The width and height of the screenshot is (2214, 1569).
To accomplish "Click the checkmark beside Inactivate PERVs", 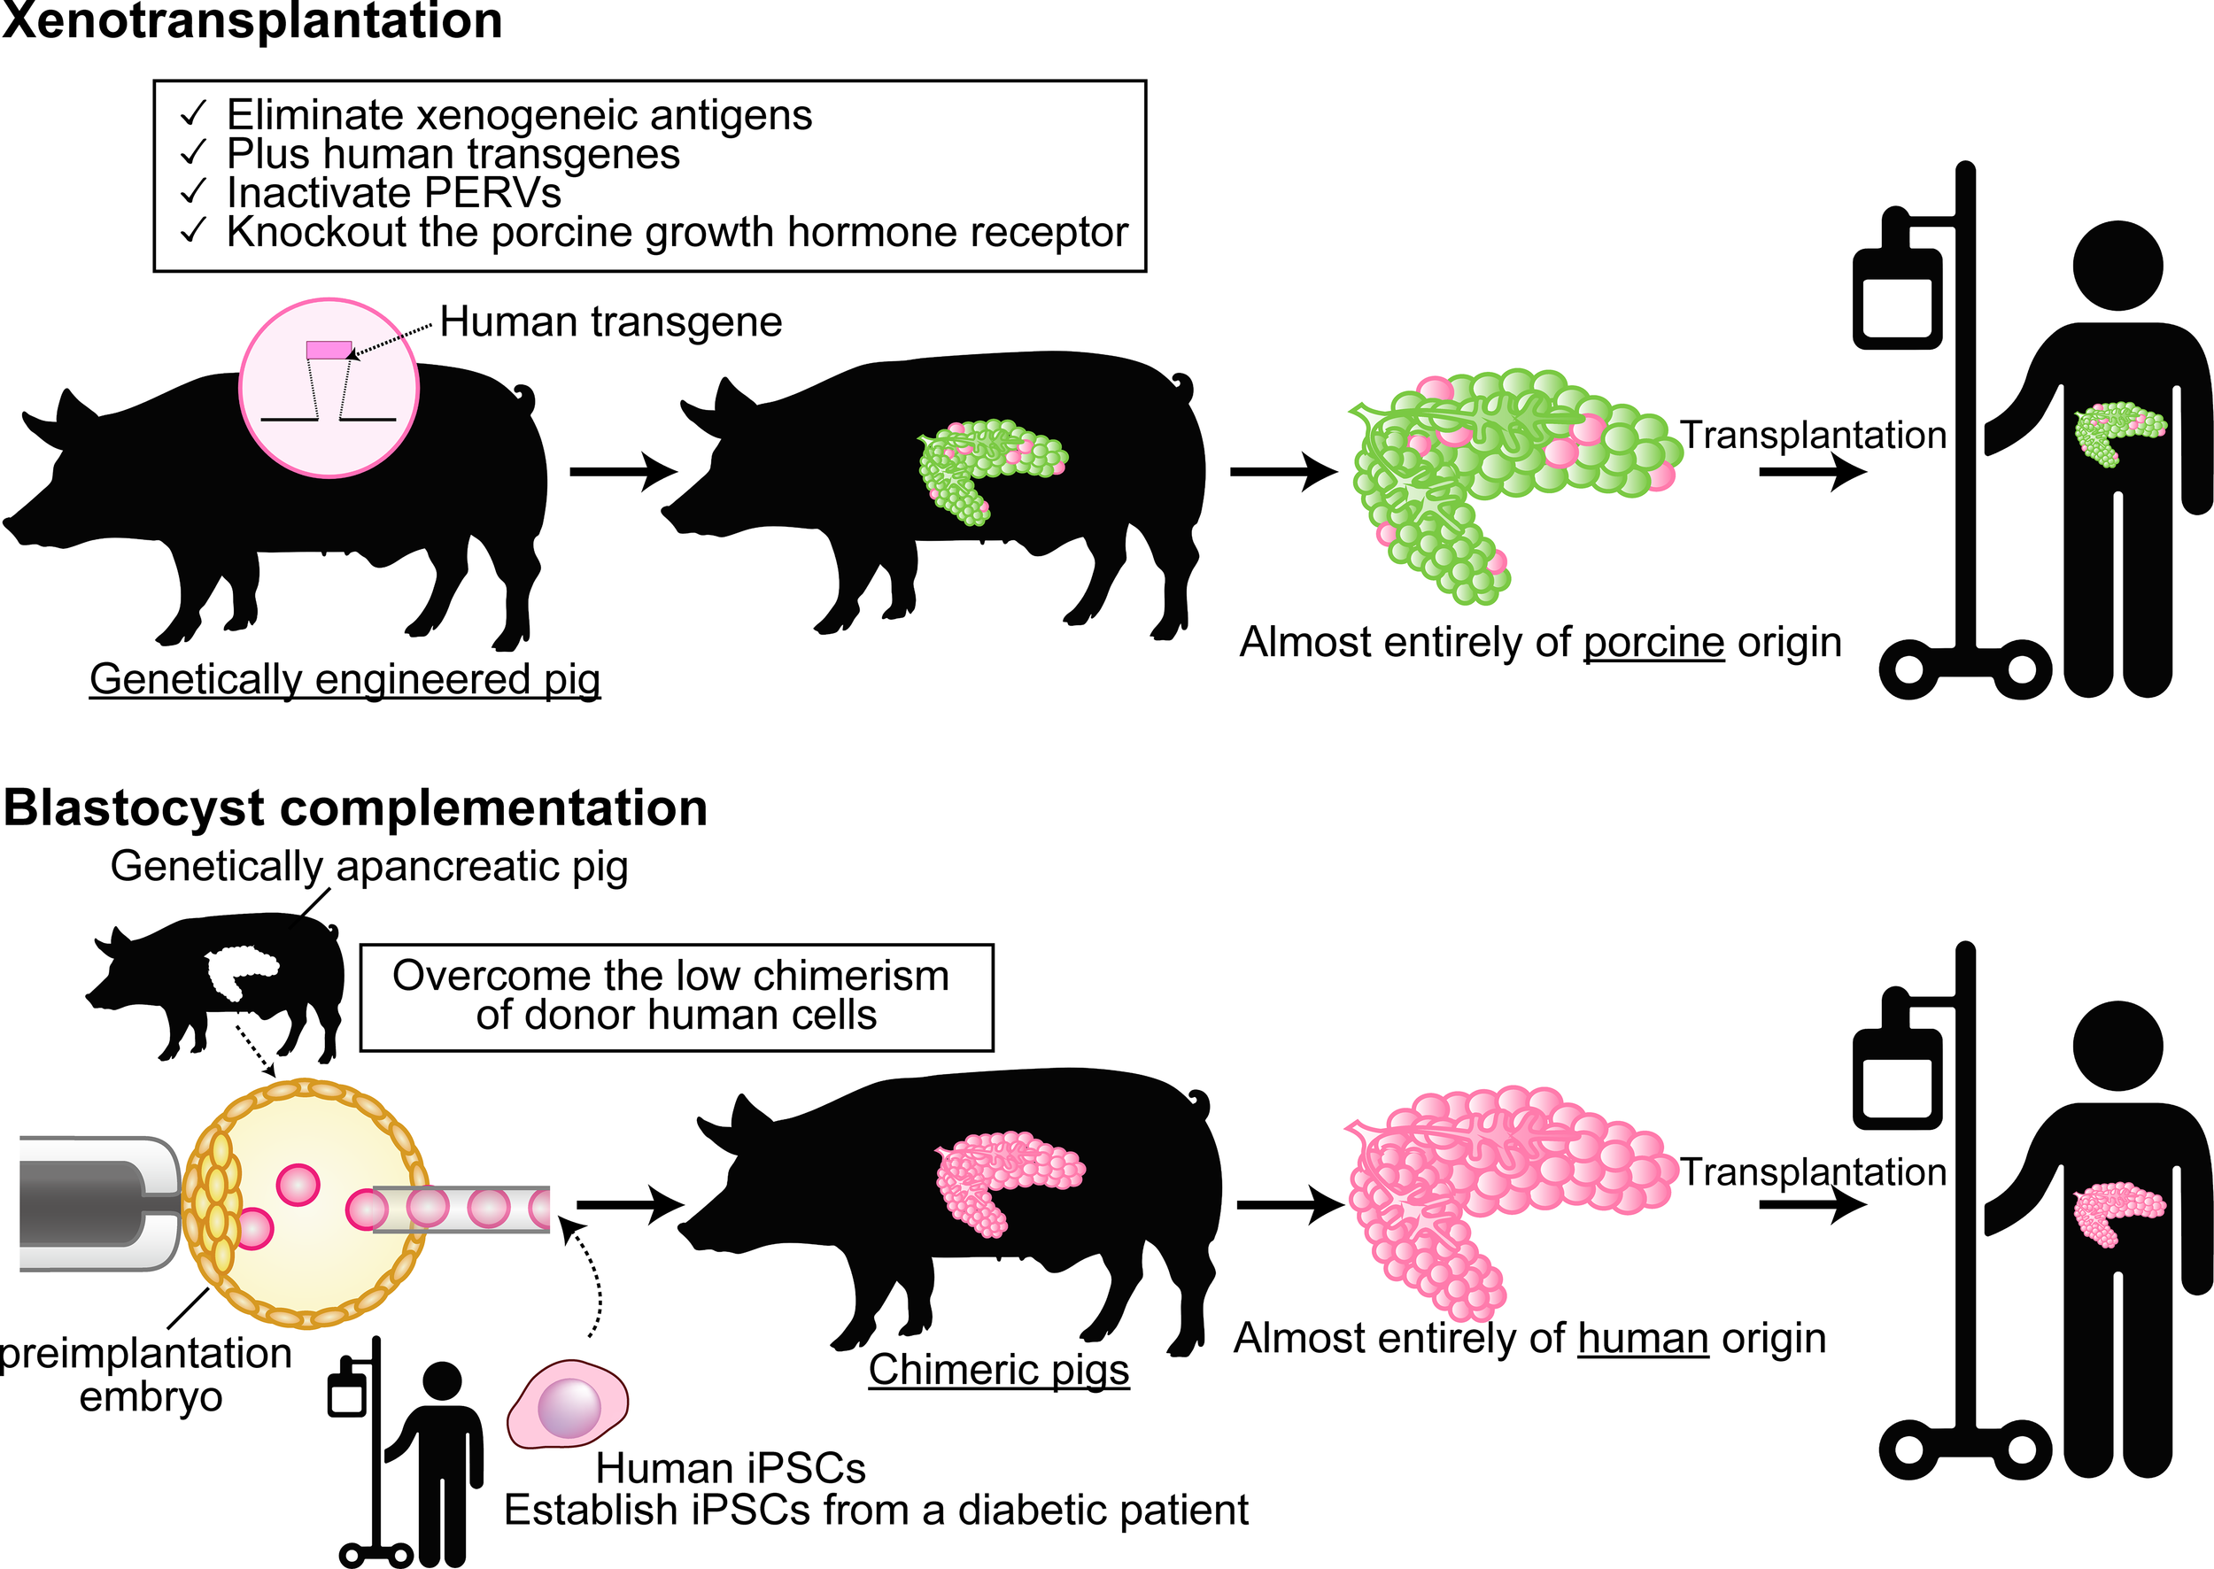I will [x=193, y=191].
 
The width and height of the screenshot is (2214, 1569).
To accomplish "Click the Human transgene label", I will [x=610, y=321].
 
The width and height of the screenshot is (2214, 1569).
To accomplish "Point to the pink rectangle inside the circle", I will [x=329, y=350].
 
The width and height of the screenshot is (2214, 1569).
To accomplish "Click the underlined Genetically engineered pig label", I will [x=345, y=679].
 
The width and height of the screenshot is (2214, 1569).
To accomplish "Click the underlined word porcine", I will [x=1653, y=643].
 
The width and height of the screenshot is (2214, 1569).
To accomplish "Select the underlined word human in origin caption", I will [x=1643, y=1339].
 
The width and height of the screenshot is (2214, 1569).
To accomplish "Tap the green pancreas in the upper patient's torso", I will [x=2117, y=431].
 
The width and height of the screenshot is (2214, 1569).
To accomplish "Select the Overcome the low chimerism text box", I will [x=676, y=996].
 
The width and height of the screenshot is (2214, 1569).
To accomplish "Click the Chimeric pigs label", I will [x=998, y=1370].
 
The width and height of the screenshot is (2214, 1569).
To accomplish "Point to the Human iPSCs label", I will [x=730, y=1469].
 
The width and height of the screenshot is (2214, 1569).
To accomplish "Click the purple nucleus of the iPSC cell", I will [x=569, y=1407].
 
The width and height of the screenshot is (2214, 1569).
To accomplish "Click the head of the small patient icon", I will [x=443, y=1380].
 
